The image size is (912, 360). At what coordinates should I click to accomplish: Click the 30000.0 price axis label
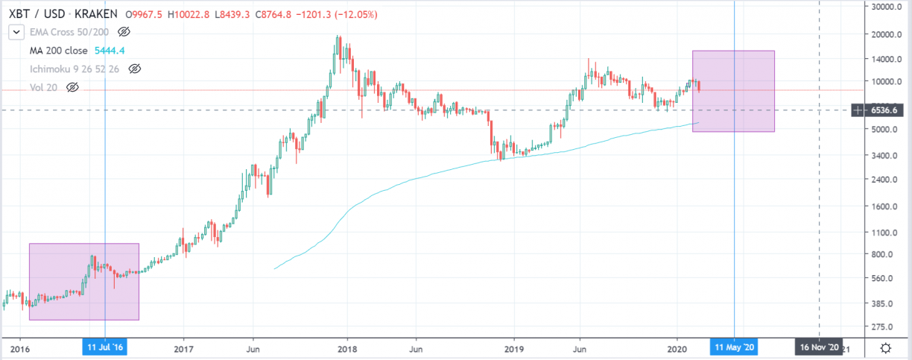[x=887, y=7]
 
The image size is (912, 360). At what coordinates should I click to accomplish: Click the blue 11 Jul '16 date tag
[x=105, y=348]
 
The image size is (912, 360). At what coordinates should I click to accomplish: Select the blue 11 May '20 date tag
[x=734, y=348]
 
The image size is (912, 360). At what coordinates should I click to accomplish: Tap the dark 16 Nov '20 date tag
[x=819, y=348]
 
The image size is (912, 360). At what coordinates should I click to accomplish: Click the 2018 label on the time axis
[x=346, y=348]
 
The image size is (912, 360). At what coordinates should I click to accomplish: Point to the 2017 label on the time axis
[x=183, y=348]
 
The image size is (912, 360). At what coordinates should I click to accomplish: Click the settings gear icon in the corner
[x=886, y=348]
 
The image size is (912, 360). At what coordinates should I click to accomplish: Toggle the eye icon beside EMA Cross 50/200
[x=124, y=32]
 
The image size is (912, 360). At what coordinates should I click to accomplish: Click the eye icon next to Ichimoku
[x=135, y=69]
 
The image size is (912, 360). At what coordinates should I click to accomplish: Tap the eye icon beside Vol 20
[x=72, y=87]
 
